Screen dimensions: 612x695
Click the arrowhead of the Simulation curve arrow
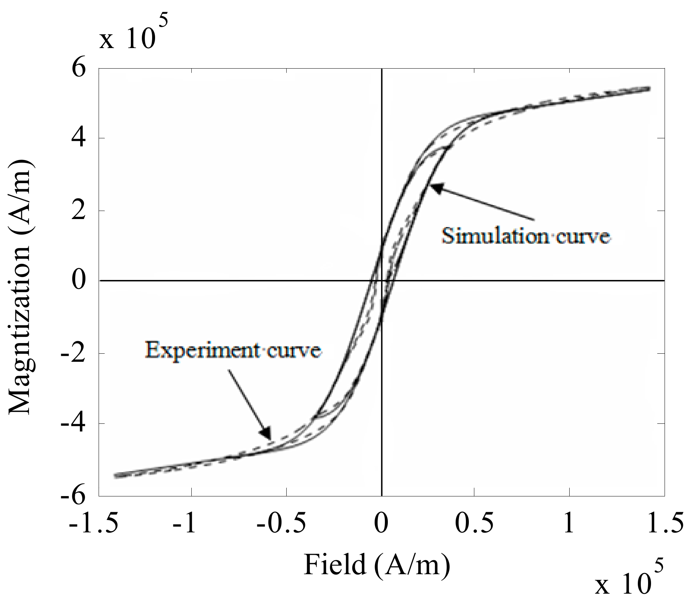(434, 186)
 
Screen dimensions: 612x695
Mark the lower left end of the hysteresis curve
(115, 476)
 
